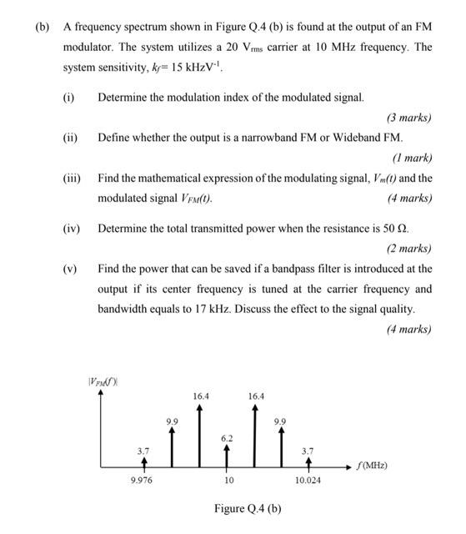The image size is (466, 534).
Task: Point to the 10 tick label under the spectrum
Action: tap(228, 481)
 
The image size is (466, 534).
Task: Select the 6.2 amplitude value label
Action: tap(228, 437)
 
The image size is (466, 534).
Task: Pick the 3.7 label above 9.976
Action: tap(143, 450)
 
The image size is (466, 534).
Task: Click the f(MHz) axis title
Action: tap(372, 465)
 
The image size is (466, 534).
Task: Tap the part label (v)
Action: tap(70, 269)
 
